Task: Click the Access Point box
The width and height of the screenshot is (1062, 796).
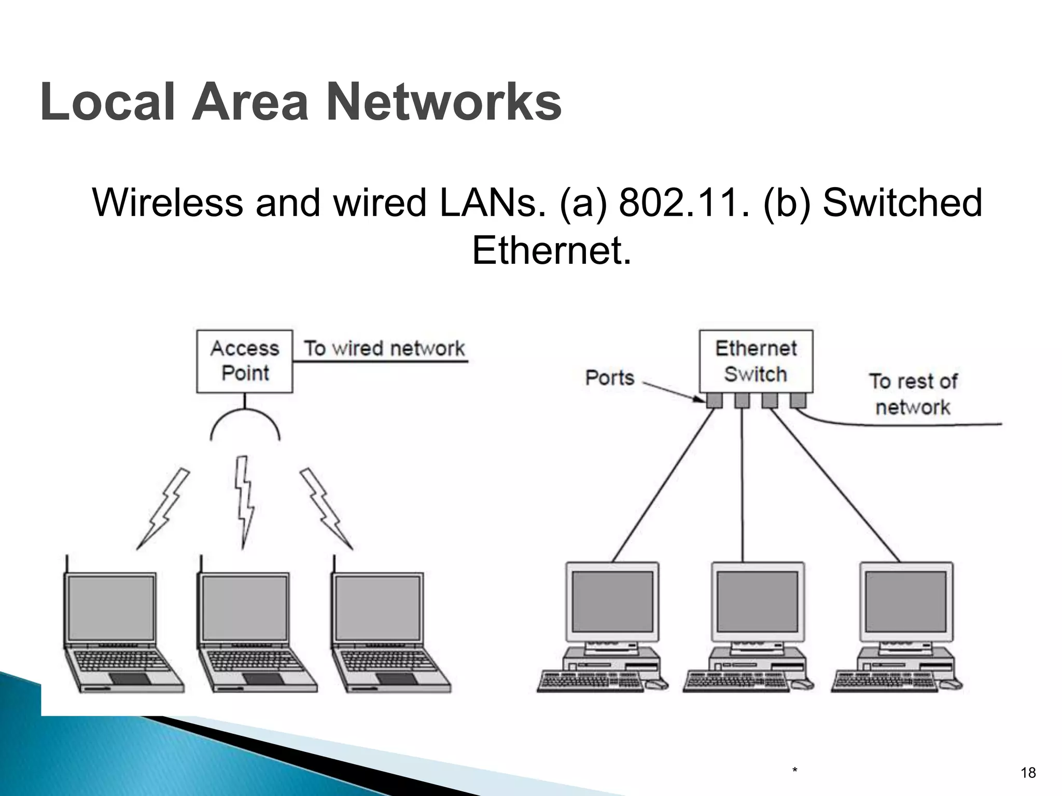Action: point(244,361)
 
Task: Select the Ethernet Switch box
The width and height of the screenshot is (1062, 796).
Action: point(756,361)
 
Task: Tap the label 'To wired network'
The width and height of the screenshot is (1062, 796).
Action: point(384,348)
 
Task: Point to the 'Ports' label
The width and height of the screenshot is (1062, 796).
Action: point(610,377)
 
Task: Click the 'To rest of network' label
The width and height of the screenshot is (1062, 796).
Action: point(913,394)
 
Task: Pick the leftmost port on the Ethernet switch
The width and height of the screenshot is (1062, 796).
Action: point(714,400)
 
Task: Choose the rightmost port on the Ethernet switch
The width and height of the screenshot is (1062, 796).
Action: point(797,400)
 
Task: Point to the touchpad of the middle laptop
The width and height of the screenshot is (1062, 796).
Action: point(263,679)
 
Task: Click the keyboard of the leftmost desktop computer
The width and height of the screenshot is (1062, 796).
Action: point(591,681)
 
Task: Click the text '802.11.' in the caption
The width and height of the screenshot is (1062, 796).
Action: point(683,203)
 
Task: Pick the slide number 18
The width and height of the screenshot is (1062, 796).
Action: point(1028,773)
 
